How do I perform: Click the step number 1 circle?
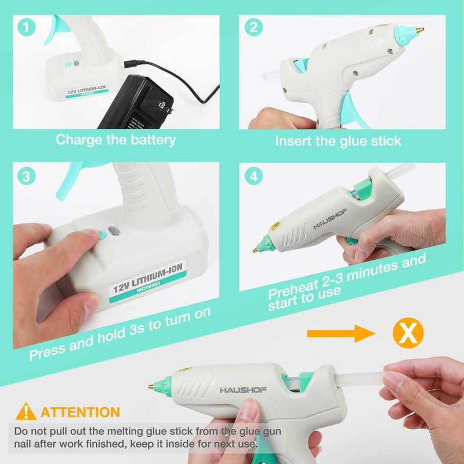click(26, 27)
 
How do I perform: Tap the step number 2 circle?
click(253, 27)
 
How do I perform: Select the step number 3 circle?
click(26, 176)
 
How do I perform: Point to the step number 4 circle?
click(253, 176)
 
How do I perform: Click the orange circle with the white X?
click(408, 333)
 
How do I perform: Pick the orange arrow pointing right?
click(341, 333)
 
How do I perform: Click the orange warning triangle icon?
click(26, 411)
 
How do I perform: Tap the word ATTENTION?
click(80, 412)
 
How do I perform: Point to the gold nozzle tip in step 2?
click(420, 30)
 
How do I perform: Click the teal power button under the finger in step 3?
click(102, 235)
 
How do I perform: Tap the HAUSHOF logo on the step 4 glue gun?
click(329, 219)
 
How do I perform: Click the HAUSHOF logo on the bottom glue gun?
click(243, 390)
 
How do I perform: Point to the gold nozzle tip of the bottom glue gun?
click(151, 386)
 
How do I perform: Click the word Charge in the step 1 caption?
click(79, 140)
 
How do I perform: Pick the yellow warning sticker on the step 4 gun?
click(275, 226)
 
